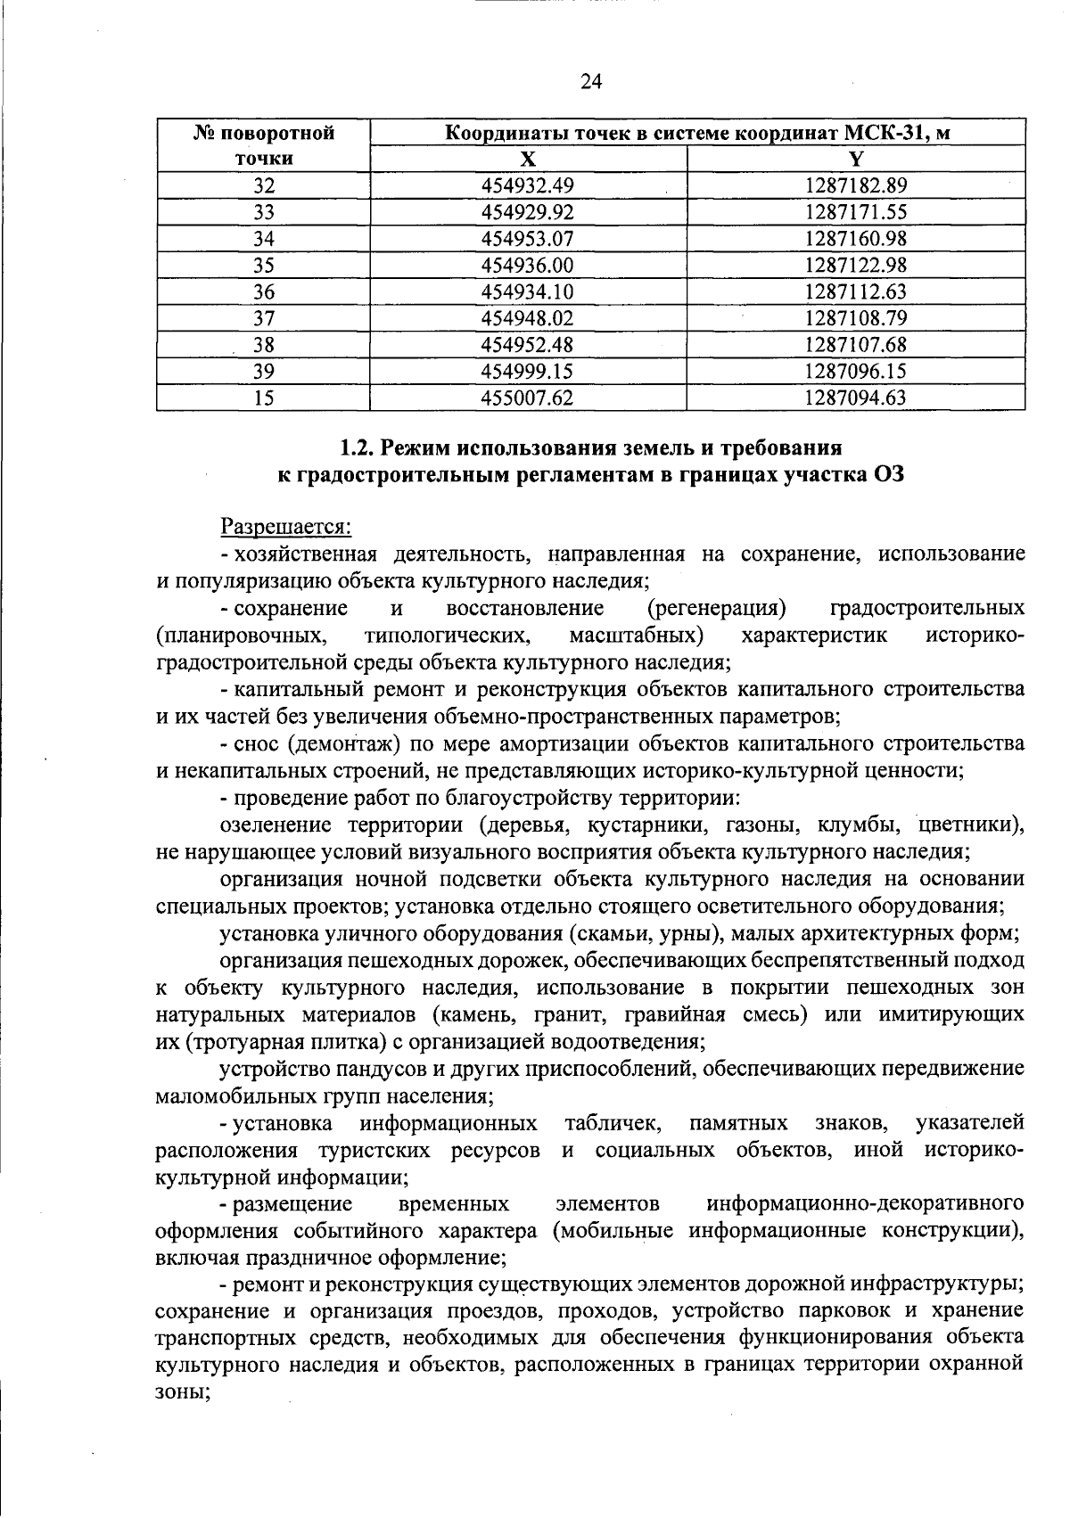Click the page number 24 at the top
591,82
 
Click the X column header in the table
528,159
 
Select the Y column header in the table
856,159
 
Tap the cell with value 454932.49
527,185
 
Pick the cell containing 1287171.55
855,212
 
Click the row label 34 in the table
263,239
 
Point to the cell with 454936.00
527,265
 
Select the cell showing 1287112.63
855,291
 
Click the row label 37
263,318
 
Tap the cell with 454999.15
527,371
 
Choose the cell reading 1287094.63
855,398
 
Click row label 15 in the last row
263,398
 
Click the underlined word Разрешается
286,527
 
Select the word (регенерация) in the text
717,608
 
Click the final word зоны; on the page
183,1393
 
